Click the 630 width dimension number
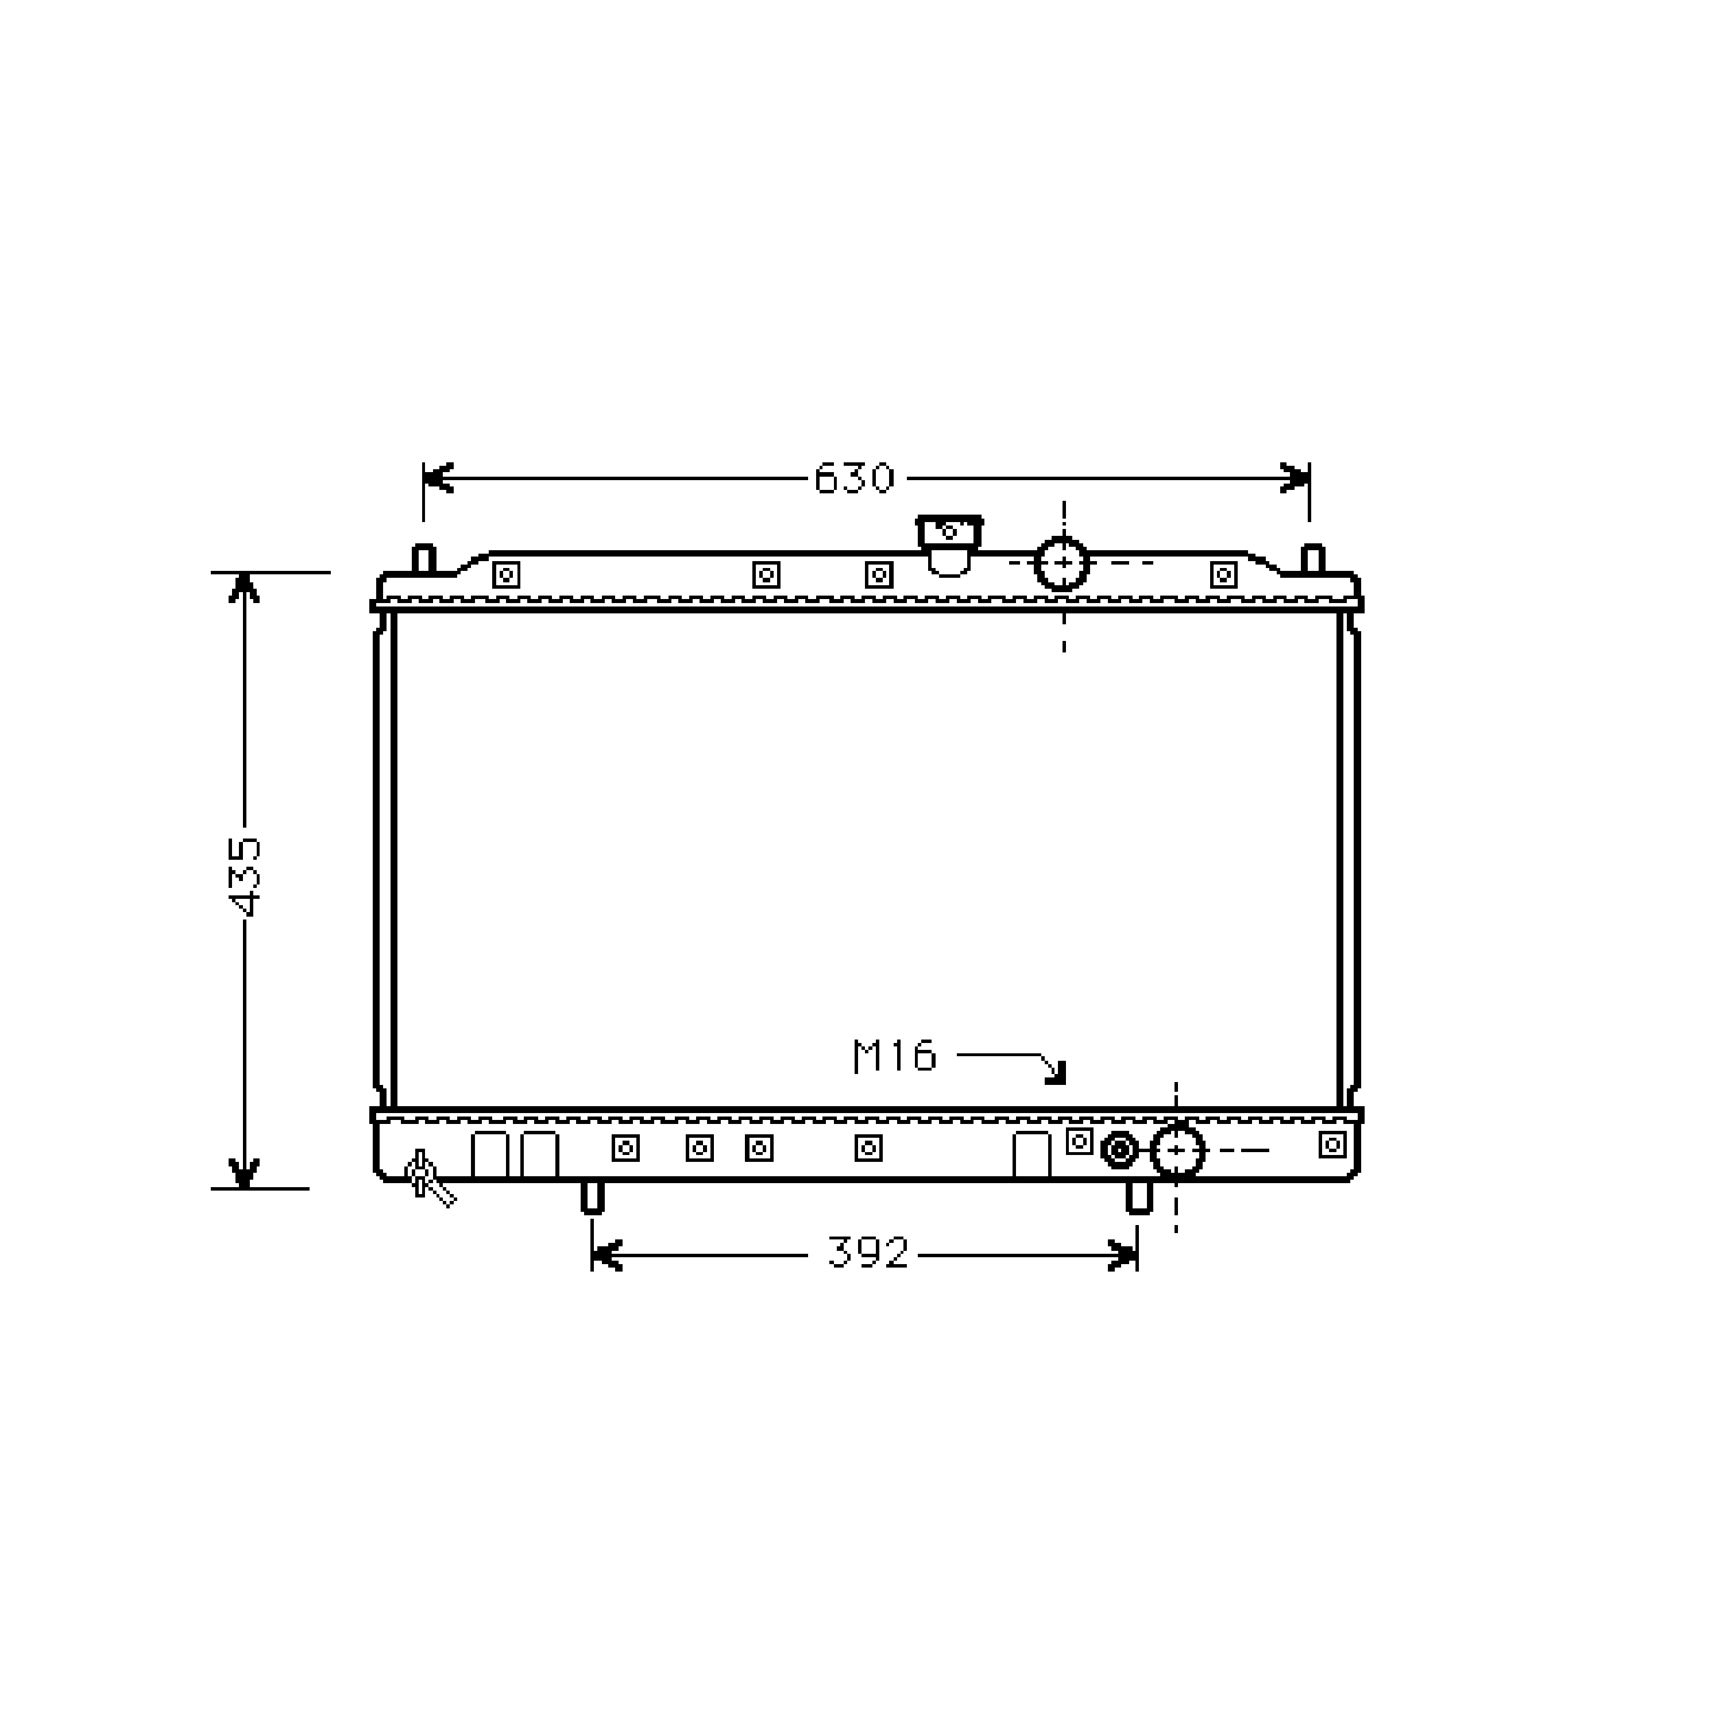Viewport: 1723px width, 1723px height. point(853,479)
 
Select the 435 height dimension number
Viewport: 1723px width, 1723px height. point(244,876)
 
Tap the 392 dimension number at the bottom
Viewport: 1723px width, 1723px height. point(868,1253)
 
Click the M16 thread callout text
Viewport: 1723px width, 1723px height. point(894,1056)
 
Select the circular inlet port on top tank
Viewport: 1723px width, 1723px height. point(1062,563)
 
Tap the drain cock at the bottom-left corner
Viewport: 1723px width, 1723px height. point(428,1179)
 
